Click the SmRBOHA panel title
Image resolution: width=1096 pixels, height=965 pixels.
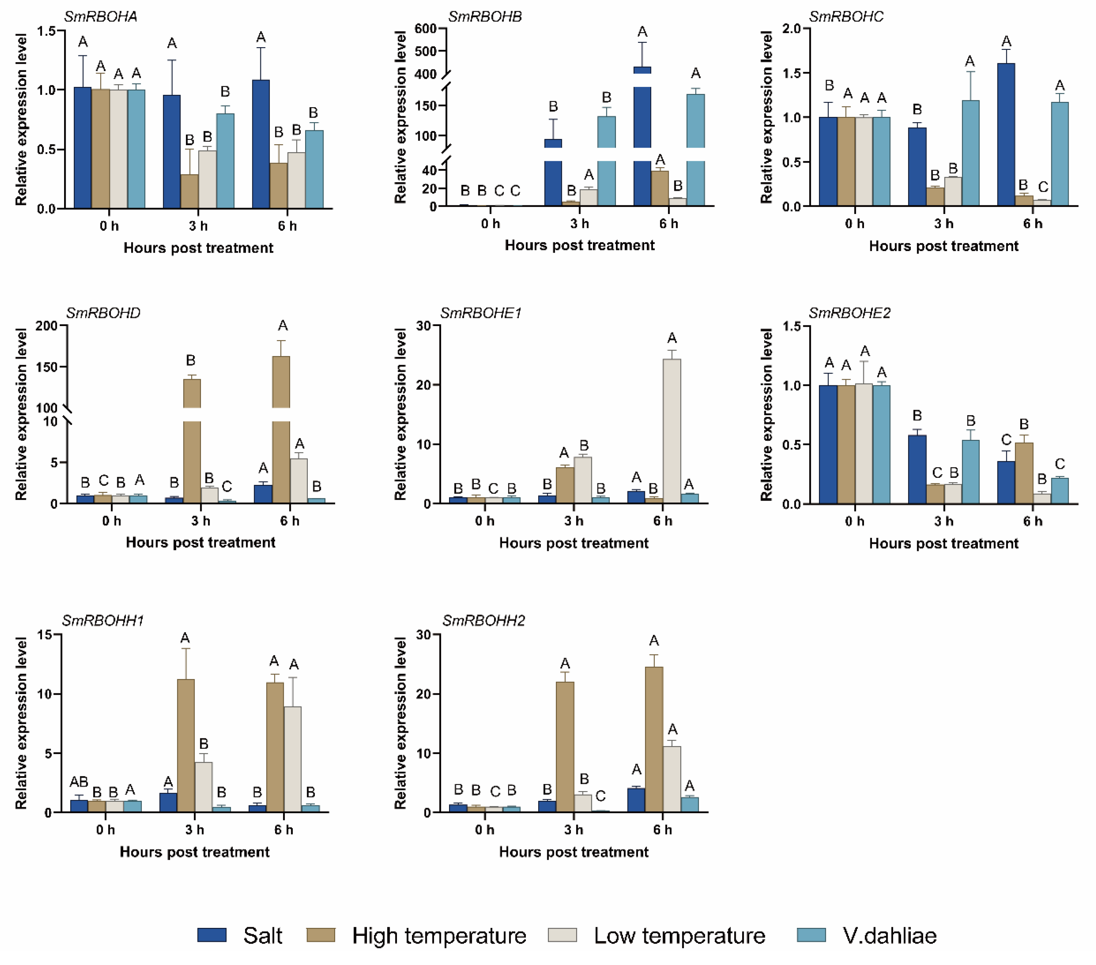click(x=100, y=16)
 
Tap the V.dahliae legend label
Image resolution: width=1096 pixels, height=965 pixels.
click(x=889, y=935)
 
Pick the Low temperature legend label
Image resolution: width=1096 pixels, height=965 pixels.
click(x=679, y=935)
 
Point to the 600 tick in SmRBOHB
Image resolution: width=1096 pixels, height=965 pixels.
click(x=426, y=28)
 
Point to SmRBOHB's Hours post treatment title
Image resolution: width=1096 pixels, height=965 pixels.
click(x=579, y=245)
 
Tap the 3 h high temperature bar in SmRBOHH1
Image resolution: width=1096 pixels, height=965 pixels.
click(x=186, y=745)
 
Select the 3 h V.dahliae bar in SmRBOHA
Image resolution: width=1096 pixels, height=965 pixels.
click(x=225, y=161)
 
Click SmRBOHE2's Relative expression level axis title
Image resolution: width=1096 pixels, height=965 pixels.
click(x=767, y=414)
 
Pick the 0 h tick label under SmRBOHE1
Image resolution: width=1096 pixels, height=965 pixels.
click(x=484, y=521)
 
